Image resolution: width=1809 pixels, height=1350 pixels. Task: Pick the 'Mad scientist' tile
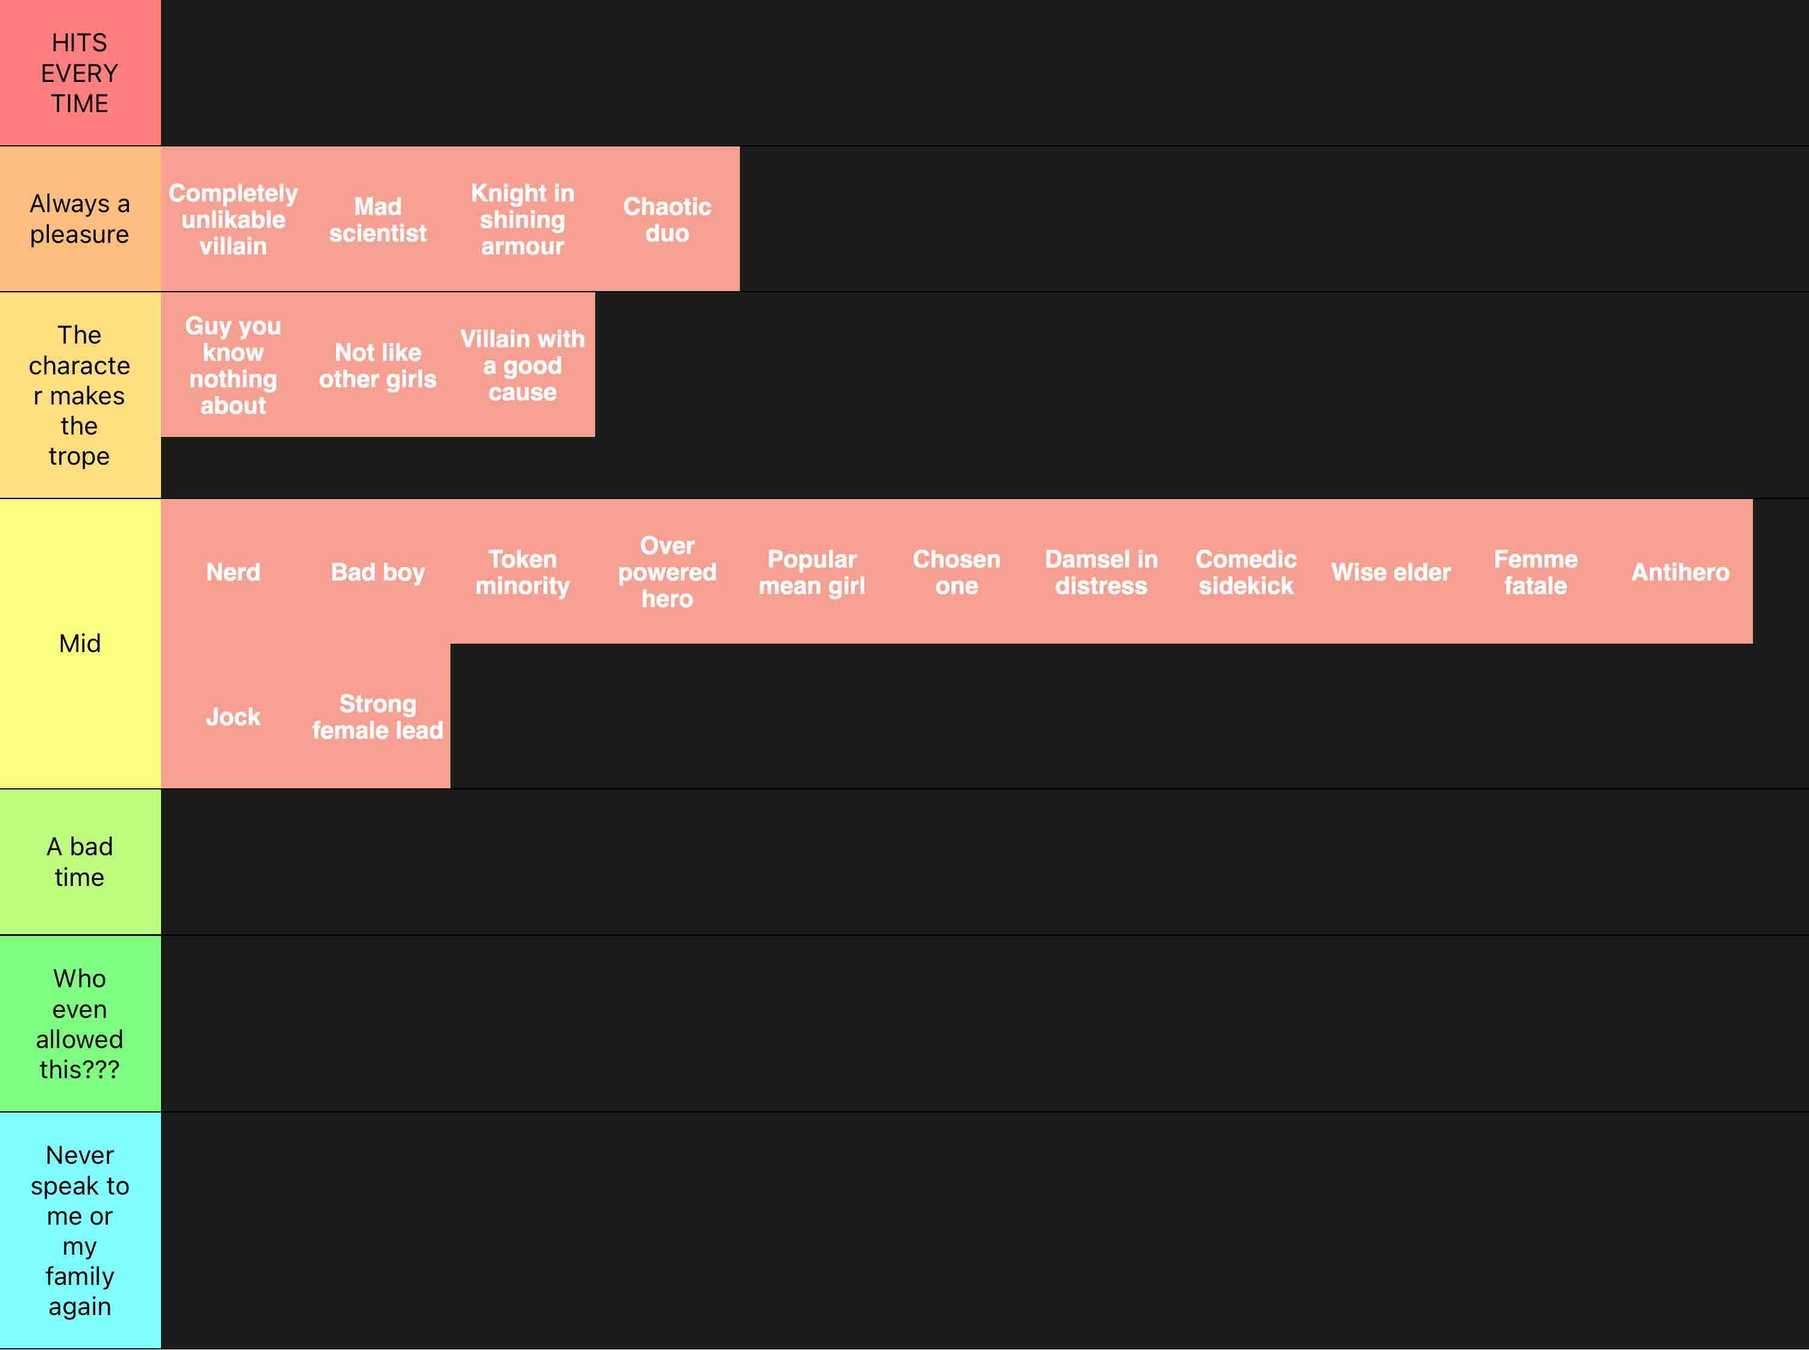377,219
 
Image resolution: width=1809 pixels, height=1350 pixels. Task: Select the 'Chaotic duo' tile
667,219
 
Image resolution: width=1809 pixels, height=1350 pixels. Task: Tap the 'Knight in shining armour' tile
522,219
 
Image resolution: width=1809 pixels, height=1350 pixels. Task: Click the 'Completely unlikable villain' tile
233,219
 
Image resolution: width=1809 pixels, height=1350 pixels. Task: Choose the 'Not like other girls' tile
377,365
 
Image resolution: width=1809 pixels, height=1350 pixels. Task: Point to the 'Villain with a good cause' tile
522,365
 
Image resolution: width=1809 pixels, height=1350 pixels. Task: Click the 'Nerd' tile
233,571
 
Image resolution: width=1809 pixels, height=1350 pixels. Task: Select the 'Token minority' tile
522,571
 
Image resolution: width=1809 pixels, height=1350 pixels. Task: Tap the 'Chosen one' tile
956,571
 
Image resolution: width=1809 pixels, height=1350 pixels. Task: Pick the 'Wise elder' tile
1391,571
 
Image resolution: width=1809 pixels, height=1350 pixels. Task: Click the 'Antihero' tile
1680,571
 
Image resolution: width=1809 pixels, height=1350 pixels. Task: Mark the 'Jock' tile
233,716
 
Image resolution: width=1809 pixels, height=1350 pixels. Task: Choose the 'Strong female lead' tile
377,716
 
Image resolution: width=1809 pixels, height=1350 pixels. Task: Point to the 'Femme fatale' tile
1535,571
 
